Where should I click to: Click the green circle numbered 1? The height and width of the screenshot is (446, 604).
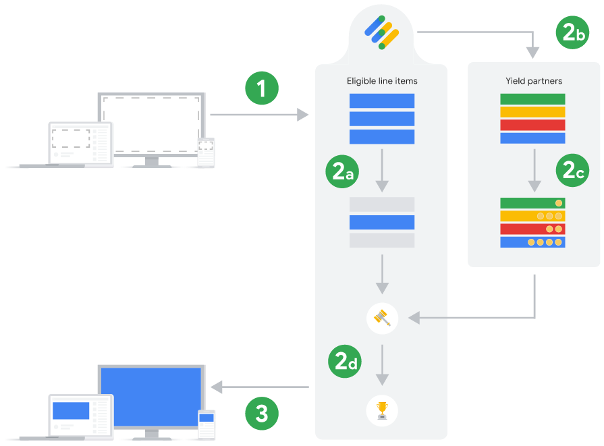pos(262,88)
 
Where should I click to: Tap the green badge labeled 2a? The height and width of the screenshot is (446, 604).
pos(342,171)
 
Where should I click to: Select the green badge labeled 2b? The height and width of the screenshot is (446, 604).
pos(572,32)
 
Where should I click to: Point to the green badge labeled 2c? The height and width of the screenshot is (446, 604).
pos(572,170)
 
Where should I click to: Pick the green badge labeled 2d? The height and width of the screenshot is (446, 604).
pos(345,361)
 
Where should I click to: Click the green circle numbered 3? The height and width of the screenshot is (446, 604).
pos(262,414)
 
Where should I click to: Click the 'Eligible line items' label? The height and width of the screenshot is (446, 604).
pos(382,81)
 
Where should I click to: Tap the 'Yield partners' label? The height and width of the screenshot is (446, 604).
pos(534,81)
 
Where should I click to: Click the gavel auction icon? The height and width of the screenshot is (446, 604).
pos(382,318)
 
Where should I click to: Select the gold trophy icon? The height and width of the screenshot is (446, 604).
pos(382,410)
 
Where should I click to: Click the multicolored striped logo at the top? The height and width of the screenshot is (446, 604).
pos(382,32)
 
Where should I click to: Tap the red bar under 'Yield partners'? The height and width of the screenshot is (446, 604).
pos(532,125)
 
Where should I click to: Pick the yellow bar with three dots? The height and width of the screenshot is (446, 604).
pos(532,216)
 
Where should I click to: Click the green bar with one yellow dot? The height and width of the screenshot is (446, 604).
pos(532,203)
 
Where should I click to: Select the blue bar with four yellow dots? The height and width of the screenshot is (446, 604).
pos(532,242)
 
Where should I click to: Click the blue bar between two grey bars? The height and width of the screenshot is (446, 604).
pos(382,222)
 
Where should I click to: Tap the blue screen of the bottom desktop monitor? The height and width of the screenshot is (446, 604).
pos(151,397)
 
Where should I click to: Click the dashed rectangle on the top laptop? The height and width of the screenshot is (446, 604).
pos(71,138)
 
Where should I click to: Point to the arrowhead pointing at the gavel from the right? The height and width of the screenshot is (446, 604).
pos(414,318)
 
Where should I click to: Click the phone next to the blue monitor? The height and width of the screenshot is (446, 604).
pos(206,424)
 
